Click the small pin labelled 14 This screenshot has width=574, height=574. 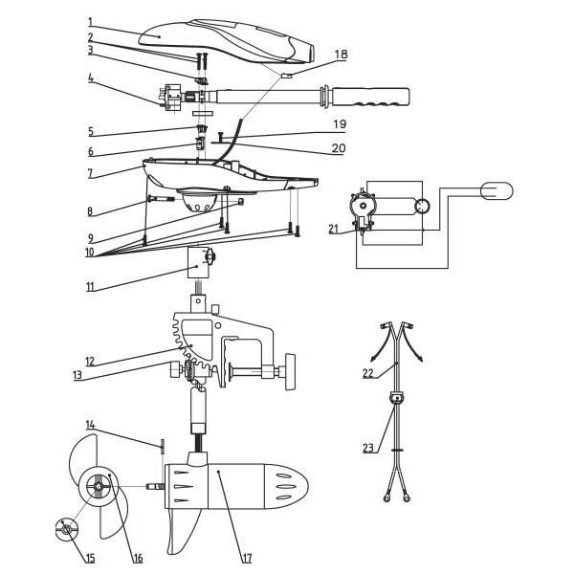point(163,445)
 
